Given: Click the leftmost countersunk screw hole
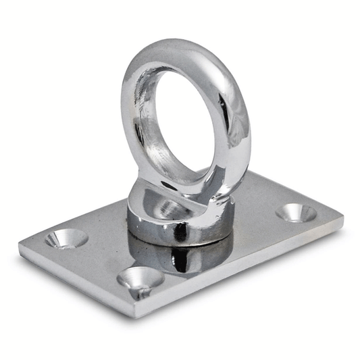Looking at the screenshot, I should tap(66, 237).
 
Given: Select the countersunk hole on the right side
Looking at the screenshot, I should tap(296, 213).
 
